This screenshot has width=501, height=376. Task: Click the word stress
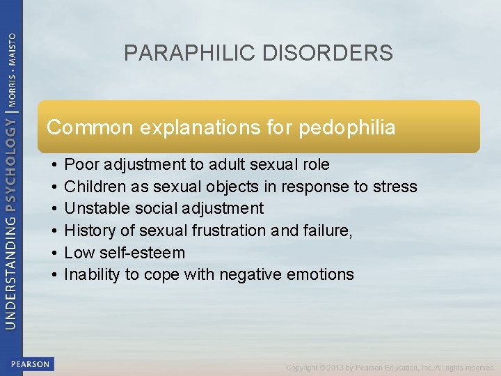tap(395, 187)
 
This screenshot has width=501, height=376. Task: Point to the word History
tap(86, 230)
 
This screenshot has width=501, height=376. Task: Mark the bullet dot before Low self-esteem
tap(54, 252)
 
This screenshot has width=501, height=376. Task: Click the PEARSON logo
tap(31, 364)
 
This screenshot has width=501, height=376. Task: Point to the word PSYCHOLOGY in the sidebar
tap(12, 161)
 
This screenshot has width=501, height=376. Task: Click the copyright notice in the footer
tap(390, 368)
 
